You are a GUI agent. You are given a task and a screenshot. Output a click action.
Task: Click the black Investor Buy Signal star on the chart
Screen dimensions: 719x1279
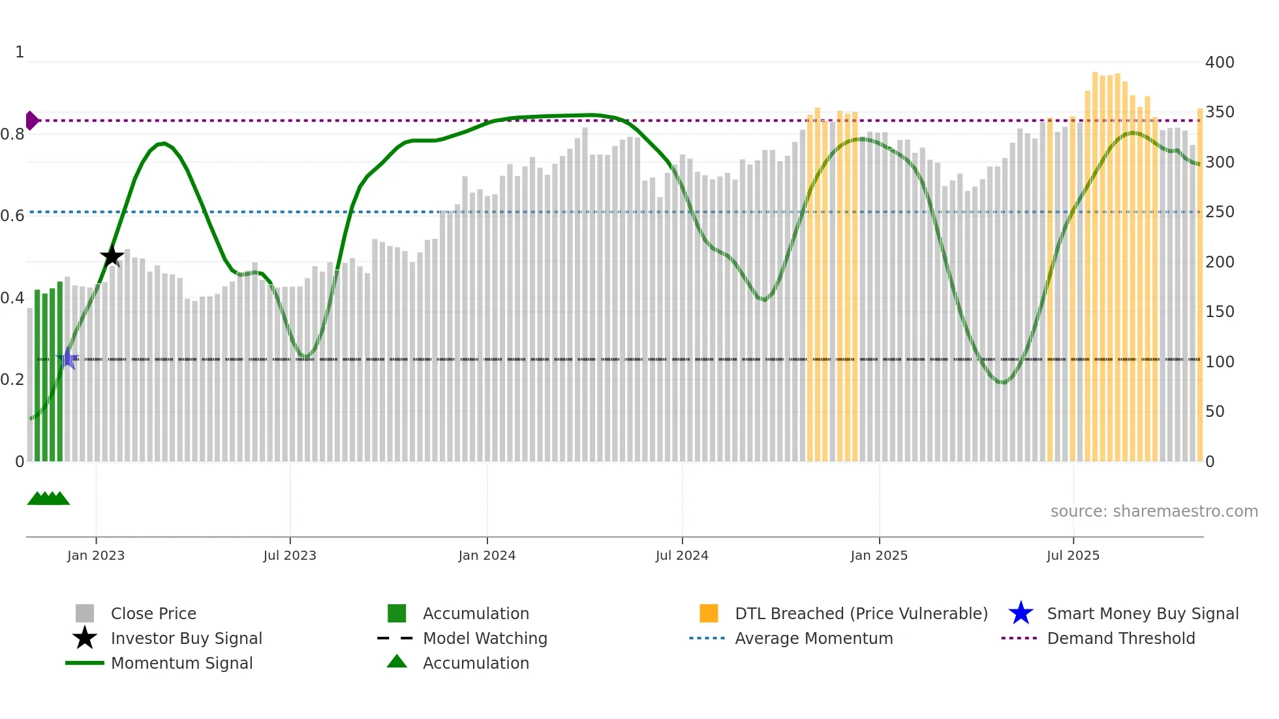pyautogui.click(x=112, y=256)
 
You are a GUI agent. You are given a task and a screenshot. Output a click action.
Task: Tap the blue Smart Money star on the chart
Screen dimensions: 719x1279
pyautogui.click(x=67, y=359)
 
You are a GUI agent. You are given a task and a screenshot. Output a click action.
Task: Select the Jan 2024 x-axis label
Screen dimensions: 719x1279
pyautogui.click(x=487, y=555)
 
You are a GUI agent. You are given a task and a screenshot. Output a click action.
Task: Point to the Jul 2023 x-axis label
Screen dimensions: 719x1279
pyautogui.click(x=290, y=555)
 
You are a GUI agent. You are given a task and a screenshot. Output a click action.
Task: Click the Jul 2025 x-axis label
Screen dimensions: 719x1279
pyautogui.click(x=1073, y=555)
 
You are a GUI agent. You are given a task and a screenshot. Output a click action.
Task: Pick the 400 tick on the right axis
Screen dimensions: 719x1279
pyautogui.click(x=1219, y=63)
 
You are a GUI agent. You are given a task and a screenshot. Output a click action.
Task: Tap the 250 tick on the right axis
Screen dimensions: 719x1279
pyautogui.click(x=1219, y=212)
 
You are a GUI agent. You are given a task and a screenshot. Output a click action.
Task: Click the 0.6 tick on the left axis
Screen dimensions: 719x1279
pyautogui.click(x=12, y=216)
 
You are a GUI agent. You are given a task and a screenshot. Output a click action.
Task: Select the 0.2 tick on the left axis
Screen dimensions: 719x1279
pyautogui.click(x=12, y=380)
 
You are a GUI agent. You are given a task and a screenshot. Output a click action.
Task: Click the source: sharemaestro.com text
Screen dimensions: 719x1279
pyautogui.click(x=1154, y=512)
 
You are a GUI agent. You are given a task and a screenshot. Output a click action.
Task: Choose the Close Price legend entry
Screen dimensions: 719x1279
pyautogui.click(x=153, y=613)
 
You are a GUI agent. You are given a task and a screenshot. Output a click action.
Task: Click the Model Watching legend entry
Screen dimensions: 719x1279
pyautogui.click(x=485, y=638)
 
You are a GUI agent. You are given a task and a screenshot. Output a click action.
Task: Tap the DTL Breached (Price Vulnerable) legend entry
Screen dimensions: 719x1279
pyautogui.click(x=861, y=613)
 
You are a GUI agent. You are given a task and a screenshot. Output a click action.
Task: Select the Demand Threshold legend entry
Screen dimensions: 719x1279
pyautogui.click(x=1120, y=638)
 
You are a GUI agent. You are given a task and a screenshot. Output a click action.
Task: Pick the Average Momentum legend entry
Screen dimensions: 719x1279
pyautogui.click(x=813, y=638)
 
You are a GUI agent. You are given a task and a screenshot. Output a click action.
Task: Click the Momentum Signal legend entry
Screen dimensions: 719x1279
pyautogui.click(x=181, y=663)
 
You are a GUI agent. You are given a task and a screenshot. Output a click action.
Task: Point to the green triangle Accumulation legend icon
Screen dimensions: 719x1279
pyautogui.click(x=397, y=662)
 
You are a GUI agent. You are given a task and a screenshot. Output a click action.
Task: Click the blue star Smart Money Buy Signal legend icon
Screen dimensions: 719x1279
pyautogui.click(x=1021, y=613)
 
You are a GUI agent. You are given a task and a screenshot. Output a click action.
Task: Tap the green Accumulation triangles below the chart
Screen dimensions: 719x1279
pyautogui.click(x=48, y=498)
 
